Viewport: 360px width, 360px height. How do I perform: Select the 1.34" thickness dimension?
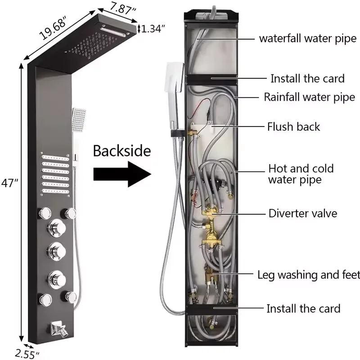tap(153, 29)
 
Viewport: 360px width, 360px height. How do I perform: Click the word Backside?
tap(121, 151)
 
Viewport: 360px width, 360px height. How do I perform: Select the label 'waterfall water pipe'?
tap(307, 38)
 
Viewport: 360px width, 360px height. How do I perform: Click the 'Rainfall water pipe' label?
tap(309, 97)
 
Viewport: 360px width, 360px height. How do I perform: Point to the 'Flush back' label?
tap(293, 126)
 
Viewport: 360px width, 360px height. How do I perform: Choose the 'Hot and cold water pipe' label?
tap(301, 174)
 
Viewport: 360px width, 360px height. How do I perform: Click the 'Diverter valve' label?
tap(302, 213)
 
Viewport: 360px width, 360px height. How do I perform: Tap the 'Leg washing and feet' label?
tap(308, 274)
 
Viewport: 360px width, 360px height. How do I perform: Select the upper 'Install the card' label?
tap(307, 79)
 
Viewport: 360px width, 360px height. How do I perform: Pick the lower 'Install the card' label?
tap(303, 308)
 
